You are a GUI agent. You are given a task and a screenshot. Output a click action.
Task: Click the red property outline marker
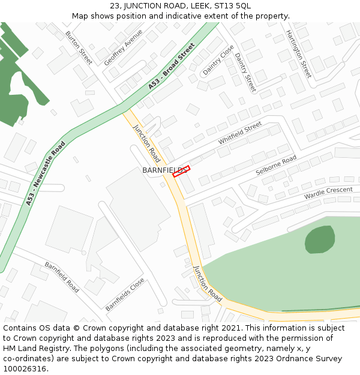click(x=181, y=171)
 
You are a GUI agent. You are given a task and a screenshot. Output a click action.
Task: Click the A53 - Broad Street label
click(x=172, y=67)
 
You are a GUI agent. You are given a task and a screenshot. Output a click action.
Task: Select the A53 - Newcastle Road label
click(x=46, y=174)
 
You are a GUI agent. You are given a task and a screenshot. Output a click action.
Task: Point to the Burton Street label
click(x=79, y=47)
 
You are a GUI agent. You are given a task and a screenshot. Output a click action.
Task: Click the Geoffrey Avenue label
click(x=123, y=47)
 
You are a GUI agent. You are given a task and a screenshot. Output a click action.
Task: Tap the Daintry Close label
click(x=218, y=60)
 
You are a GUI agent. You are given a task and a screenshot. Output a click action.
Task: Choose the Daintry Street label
click(x=245, y=73)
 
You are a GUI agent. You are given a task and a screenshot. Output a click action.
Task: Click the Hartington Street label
click(x=298, y=54)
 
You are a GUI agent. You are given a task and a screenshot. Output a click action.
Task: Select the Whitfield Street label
click(x=240, y=133)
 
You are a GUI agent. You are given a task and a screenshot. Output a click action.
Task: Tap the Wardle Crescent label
click(x=328, y=193)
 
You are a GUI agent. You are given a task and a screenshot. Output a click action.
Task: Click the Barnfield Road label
click(x=61, y=277)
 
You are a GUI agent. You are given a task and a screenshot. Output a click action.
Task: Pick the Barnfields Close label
click(x=125, y=294)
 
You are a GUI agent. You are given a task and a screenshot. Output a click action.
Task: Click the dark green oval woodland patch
click(x=320, y=239)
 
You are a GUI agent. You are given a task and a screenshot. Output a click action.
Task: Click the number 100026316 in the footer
click(x=23, y=368)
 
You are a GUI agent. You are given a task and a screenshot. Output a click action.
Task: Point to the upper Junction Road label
click(x=147, y=144)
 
